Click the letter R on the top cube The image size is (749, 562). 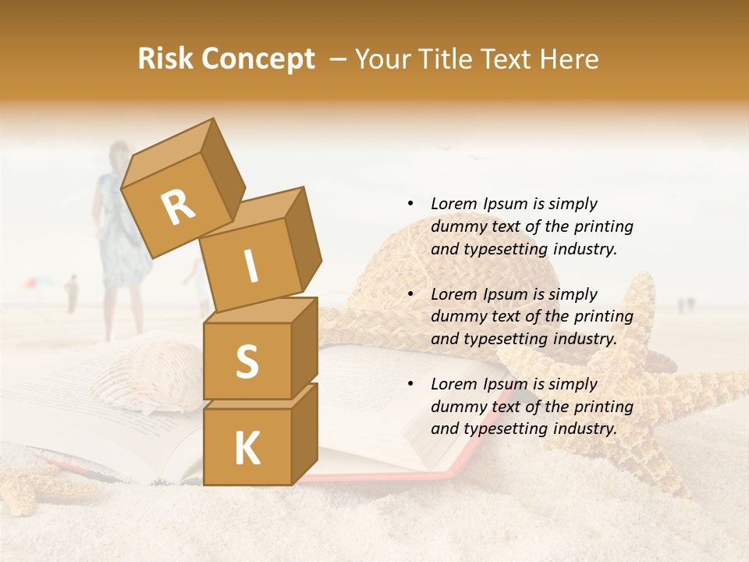click(x=178, y=208)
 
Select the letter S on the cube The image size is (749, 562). click(x=247, y=361)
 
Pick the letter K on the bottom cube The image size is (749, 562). click(x=247, y=449)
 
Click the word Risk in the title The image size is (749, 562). click(x=167, y=59)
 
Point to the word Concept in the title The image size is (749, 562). click(x=258, y=59)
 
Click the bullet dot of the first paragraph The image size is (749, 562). click(x=410, y=204)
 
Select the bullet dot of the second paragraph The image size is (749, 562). click(x=410, y=294)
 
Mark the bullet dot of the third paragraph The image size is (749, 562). click(x=410, y=384)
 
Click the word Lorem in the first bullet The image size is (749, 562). click(x=453, y=204)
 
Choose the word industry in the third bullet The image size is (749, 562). click(x=585, y=429)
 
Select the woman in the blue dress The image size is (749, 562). click(x=121, y=226)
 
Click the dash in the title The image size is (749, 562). click(x=338, y=59)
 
